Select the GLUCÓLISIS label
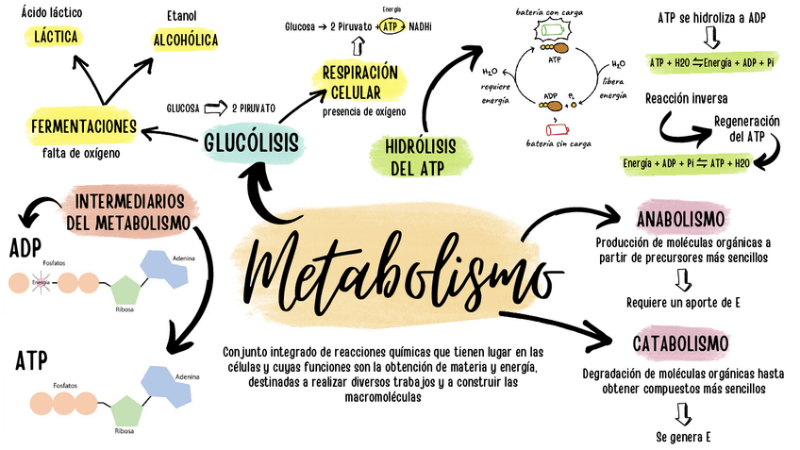(251, 142)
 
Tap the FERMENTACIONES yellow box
(83, 127)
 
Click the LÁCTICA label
(54, 37)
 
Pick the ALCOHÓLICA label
(185, 40)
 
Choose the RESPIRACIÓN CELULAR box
(359, 82)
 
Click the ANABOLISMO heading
(680, 220)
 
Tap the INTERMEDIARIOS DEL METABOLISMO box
(131, 212)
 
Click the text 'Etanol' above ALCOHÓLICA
(181, 16)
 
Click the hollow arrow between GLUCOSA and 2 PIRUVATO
(217, 108)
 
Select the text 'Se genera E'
(682, 438)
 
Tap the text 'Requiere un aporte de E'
(683, 303)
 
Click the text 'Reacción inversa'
(686, 98)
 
